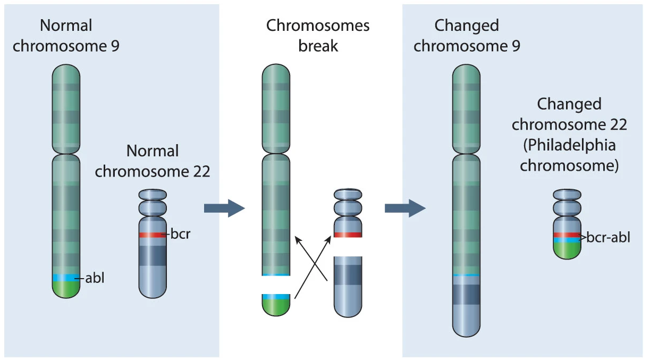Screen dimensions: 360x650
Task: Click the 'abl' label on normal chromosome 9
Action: [x=95, y=278]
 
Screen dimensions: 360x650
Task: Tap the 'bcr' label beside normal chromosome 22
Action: [x=179, y=235]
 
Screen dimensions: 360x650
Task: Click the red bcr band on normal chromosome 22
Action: [x=153, y=235]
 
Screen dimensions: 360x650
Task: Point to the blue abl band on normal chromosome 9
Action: [x=66, y=278]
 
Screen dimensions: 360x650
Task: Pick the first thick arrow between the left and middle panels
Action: [x=224, y=207]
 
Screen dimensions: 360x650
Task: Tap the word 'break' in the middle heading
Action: [x=318, y=46]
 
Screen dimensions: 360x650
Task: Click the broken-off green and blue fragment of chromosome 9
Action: [x=276, y=305]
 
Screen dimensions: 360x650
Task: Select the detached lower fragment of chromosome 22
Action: [x=348, y=286]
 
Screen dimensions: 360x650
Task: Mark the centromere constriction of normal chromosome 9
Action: [x=66, y=154]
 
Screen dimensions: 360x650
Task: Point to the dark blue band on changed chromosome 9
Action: [x=466, y=294]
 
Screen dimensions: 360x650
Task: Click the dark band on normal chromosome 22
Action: [x=153, y=255]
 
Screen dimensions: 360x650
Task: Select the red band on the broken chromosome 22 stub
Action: [x=348, y=235]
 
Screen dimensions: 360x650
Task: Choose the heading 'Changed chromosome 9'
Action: [x=467, y=36]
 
